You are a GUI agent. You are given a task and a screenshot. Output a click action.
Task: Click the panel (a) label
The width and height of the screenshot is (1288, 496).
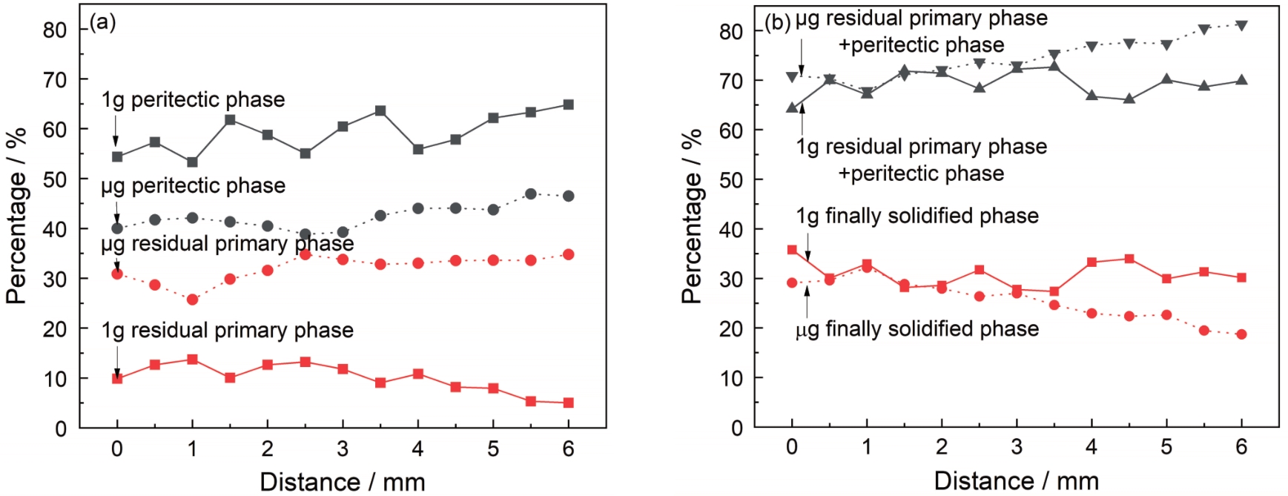click(x=102, y=22)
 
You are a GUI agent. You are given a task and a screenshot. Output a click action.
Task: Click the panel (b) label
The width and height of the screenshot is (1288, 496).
click(x=777, y=22)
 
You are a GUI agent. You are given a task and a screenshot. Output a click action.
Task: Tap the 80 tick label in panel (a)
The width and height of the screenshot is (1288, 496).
click(x=54, y=30)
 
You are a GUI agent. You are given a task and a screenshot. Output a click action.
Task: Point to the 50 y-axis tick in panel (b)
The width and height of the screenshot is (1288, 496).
click(x=730, y=179)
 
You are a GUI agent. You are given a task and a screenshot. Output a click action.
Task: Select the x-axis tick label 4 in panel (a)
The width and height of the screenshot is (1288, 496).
click(x=417, y=449)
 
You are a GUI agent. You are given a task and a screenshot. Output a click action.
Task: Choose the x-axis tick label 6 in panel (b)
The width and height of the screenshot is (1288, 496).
click(x=1241, y=447)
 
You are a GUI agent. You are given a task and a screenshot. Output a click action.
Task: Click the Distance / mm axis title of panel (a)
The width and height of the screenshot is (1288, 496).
click(x=342, y=482)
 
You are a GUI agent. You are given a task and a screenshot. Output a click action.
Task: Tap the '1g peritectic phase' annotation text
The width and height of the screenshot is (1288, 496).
click(x=193, y=100)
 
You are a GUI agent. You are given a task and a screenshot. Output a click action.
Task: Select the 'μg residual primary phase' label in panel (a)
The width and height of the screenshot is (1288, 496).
click(x=227, y=244)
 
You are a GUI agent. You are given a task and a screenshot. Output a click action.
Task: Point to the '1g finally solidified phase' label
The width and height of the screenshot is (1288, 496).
click(x=917, y=216)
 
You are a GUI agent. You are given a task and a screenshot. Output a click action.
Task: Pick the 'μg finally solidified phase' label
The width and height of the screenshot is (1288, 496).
click(x=917, y=329)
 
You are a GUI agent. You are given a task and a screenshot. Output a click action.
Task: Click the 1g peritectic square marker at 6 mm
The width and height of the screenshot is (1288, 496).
click(x=568, y=105)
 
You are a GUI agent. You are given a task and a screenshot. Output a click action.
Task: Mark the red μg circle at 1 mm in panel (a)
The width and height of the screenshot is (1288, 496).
click(x=192, y=300)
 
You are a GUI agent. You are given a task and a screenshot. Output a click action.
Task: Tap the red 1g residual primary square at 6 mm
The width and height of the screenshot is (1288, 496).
click(x=568, y=403)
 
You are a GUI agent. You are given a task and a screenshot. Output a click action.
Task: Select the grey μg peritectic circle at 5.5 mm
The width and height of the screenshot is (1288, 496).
click(x=530, y=194)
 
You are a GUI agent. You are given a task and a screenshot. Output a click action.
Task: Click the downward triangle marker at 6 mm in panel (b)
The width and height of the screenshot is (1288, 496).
click(x=1241, y=26)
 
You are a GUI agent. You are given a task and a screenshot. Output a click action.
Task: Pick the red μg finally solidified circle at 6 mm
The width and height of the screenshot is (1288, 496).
click(x=1241, y=334)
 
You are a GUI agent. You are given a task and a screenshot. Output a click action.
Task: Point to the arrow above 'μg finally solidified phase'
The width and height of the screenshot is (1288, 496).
click(x=807, y=301)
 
